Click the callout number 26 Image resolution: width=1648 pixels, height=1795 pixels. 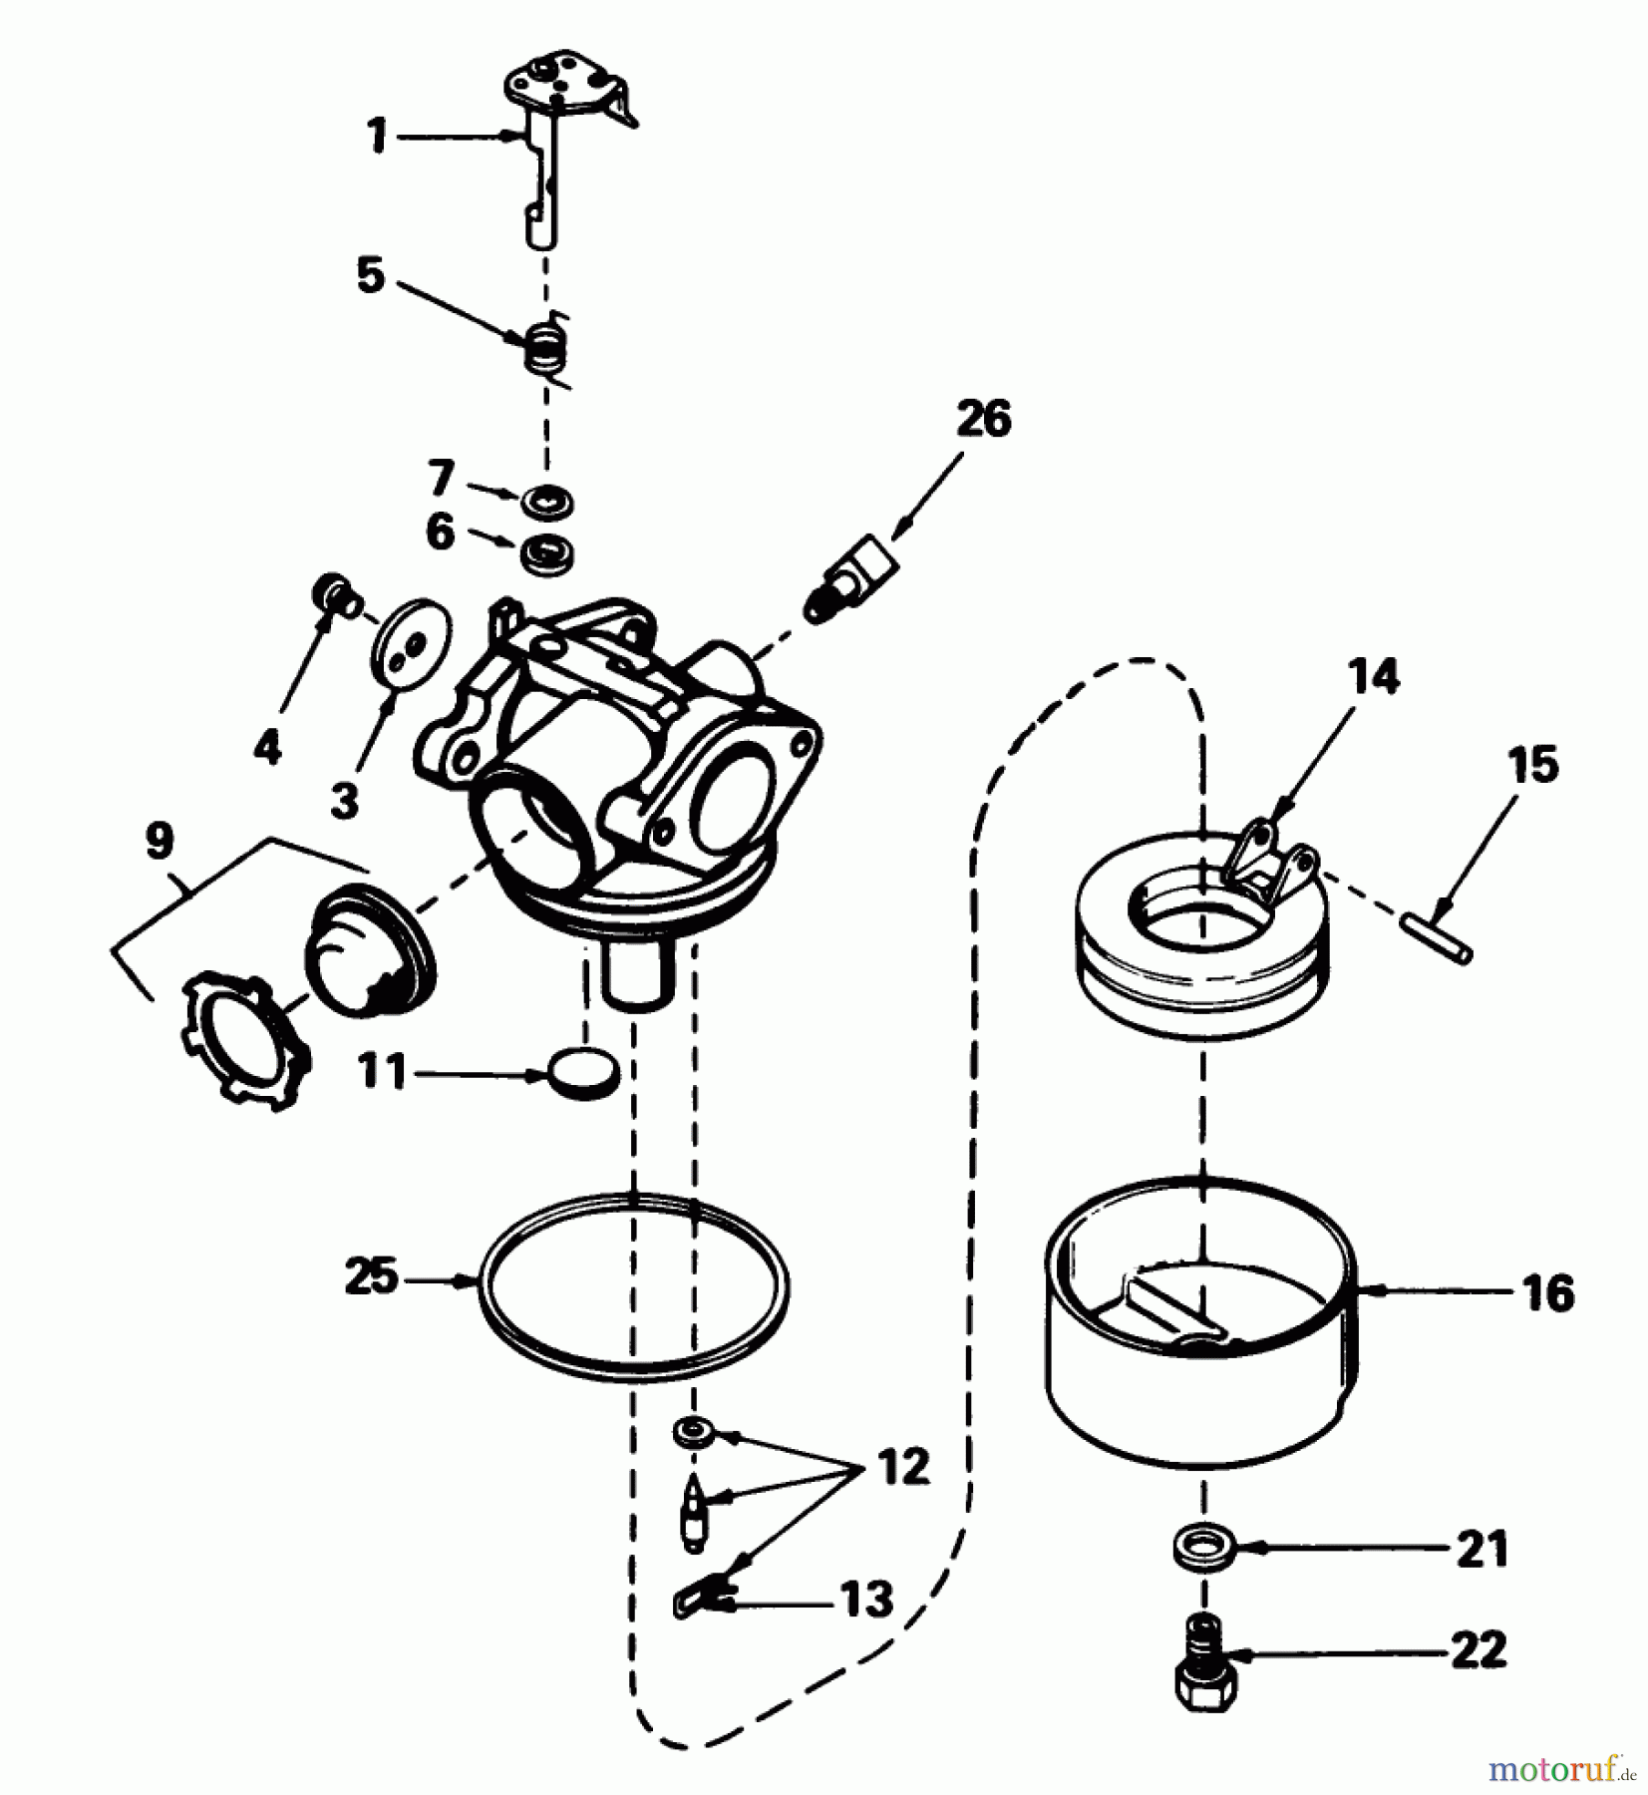coord(982,419)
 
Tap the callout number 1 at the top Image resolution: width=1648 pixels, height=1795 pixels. coord(377,137)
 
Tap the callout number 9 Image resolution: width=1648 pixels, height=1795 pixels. coord(158,842)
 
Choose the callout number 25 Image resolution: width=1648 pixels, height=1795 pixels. coord(371,1276)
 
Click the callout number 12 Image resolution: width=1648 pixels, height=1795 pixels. coord(903,1466)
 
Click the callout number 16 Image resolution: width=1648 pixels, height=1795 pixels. coord(1547,1293)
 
